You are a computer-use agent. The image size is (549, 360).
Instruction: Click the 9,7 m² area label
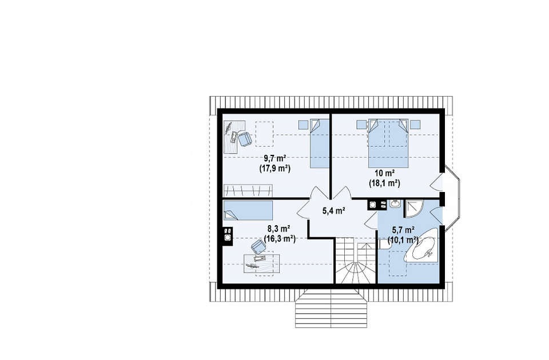click(275, 158)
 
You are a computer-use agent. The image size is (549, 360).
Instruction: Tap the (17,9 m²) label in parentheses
click(275, 169)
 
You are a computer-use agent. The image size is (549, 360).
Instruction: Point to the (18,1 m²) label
click(384, 183)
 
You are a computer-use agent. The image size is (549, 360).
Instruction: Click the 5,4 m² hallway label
click(334, 211)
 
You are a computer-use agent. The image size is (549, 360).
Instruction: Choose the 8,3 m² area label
click(279, 229)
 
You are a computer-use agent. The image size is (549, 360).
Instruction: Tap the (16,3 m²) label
click(280, 239)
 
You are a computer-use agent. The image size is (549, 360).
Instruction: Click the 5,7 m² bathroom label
click(403, 230)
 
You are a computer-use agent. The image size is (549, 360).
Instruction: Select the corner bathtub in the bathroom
click(422, 246)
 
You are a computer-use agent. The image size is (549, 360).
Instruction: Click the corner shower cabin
click(414, 208)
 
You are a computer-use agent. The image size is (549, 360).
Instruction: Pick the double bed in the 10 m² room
click(388, 143)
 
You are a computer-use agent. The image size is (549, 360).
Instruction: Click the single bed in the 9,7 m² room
click(320, 143)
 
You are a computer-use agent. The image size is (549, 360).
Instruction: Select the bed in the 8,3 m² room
click(248, 210)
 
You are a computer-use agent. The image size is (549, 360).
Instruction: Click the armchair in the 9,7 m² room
click(245, 138)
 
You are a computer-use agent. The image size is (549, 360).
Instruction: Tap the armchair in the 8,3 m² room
click(258, 247)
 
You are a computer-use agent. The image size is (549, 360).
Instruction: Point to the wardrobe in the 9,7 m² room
click(248, 190)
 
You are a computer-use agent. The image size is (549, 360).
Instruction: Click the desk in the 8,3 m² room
click(261, 263)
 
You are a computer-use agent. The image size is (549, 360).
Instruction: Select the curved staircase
click(355, 260)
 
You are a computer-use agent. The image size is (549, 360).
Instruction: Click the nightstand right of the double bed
click(415, 124)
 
